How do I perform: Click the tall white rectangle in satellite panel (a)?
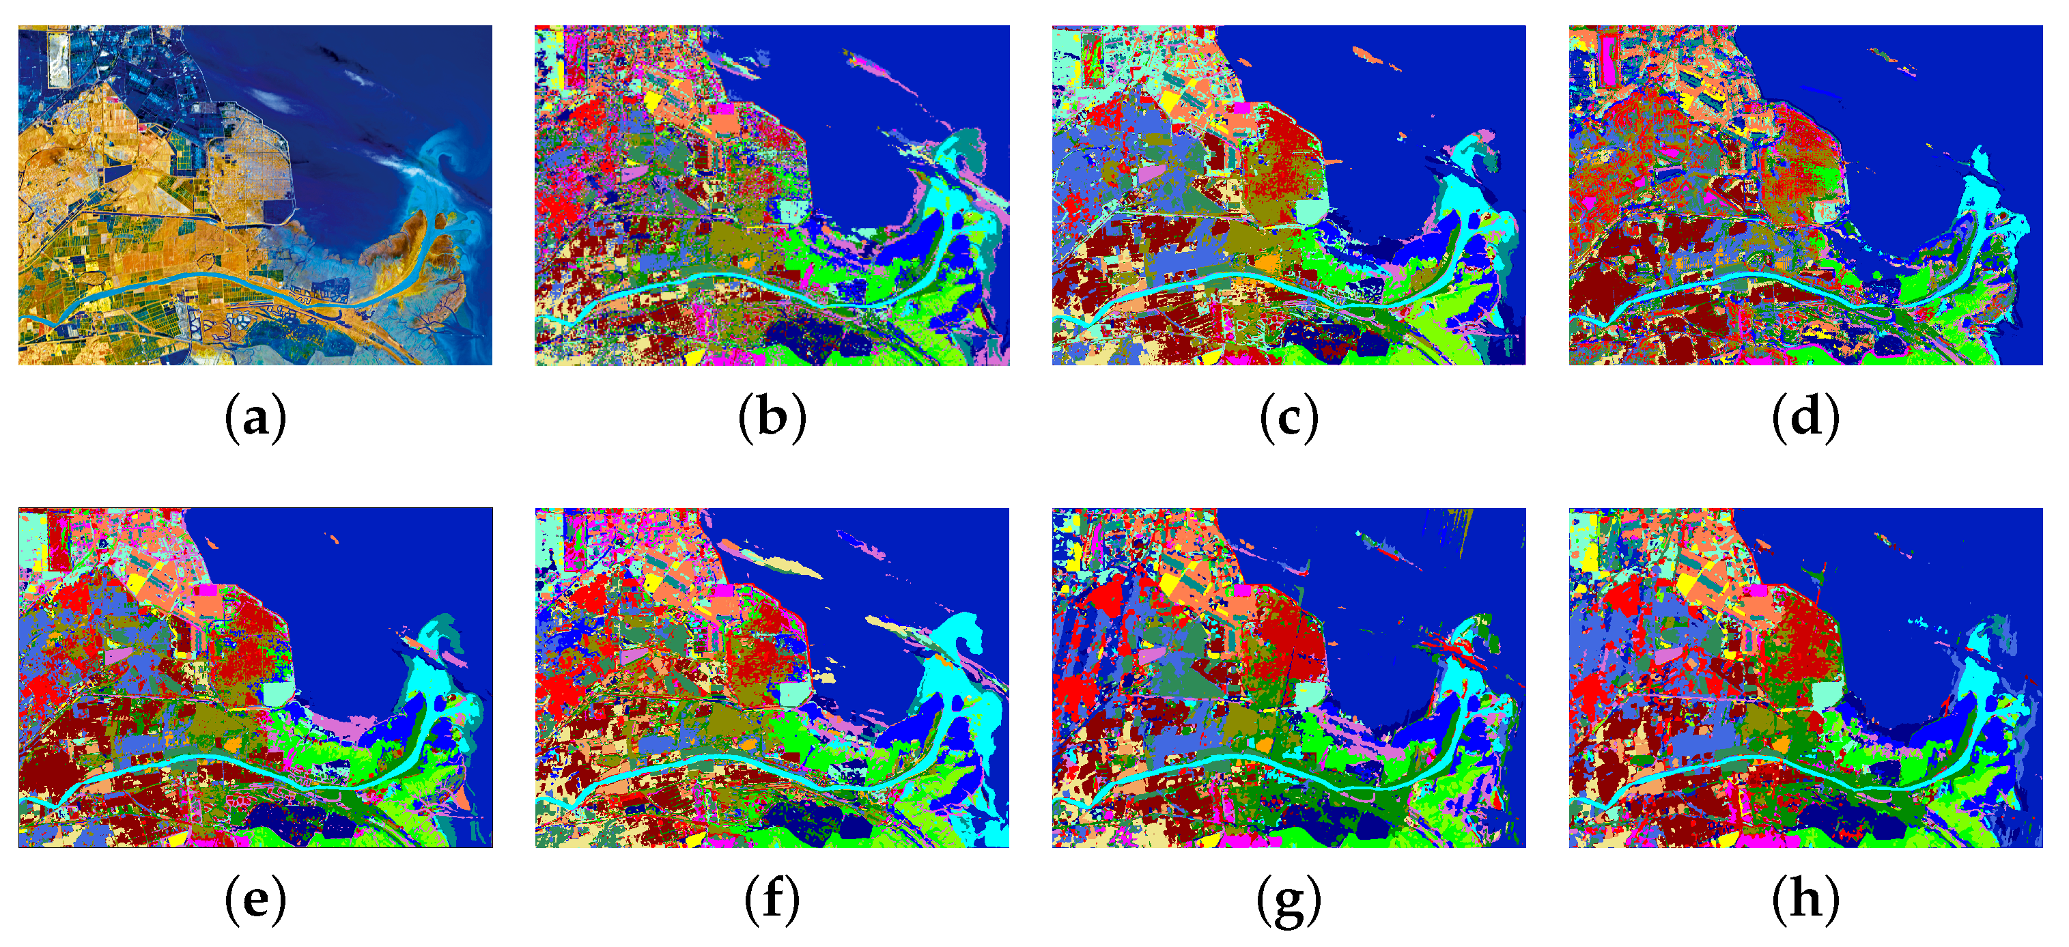tap(59, 58)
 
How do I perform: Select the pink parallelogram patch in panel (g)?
tap(1151, 655)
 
